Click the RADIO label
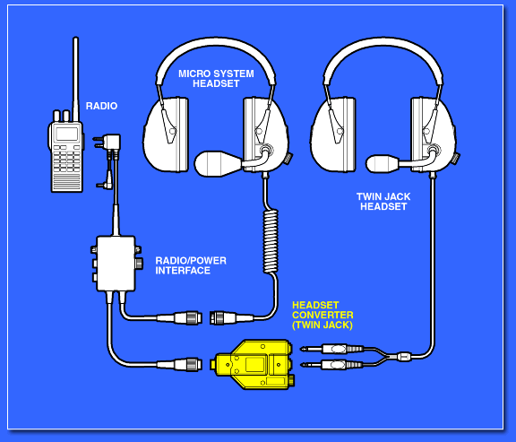101,106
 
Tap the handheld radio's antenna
75,79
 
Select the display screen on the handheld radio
67,134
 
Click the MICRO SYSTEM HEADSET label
216,78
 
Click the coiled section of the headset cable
271,242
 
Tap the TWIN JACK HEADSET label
383,202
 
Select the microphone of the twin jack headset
383,164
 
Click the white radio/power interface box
116,264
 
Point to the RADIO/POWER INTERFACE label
191,265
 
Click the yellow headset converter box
254,365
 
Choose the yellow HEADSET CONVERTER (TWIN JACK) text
322,316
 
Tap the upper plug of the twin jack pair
332,349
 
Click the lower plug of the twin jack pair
332,364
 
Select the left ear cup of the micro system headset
166,134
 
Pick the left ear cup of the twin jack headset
333,134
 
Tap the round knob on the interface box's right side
139,263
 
